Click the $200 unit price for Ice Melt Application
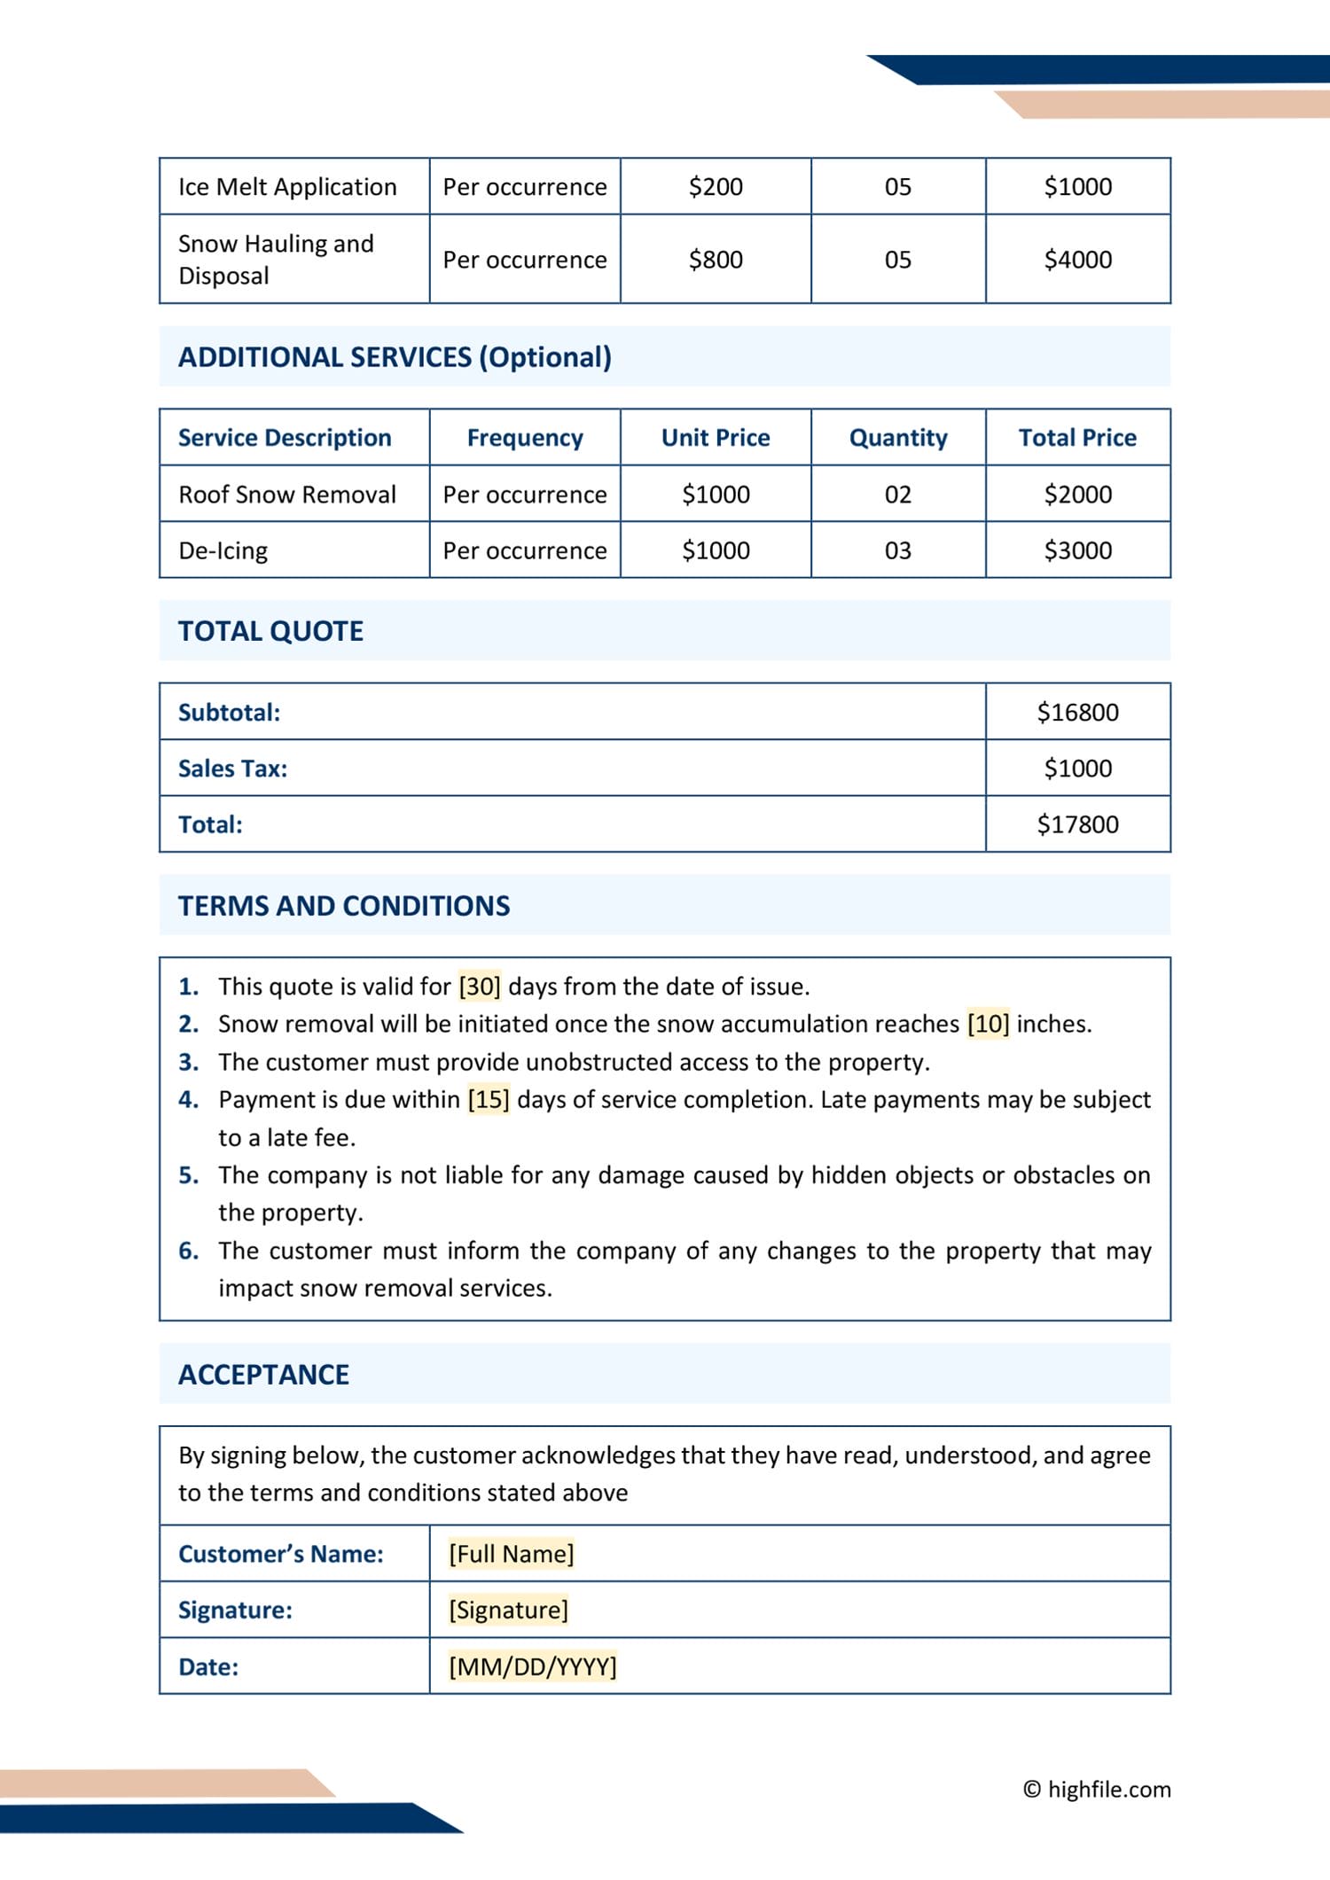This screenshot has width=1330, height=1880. click(x=716, y=187)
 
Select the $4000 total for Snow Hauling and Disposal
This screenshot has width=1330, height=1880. click(x=1077, y=260)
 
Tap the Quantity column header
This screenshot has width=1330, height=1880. click(x=897, y=438)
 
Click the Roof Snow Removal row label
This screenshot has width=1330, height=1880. click(x=287, y=495)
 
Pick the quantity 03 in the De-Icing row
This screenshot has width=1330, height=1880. click(x=897, y=550)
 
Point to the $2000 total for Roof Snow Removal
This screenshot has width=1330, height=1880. click(x=1077, y=495)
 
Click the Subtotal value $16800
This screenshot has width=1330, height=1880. click(x=1077, y=713)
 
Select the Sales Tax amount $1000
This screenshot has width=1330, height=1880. click(x=1077, y=768)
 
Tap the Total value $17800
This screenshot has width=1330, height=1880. click(x=1077, y=824)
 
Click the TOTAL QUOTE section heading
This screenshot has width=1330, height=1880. click(x=270, y=631)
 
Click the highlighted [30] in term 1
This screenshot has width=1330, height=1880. click(x=480, y=987)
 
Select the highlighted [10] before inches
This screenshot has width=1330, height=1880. click(x=988, y=1024)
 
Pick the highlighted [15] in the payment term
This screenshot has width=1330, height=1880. click(x=489, y=1099)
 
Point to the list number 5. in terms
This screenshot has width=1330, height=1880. click(x=188, y=1175)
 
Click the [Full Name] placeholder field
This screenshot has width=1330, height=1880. click(x=511, y=1554)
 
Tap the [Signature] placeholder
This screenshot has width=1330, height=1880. click(x=508, y=1610)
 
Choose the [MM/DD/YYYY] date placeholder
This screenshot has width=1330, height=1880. click(x=532, y=1666)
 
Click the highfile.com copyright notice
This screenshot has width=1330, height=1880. click(x=1097, y=1789)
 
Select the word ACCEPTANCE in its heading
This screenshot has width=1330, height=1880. click(x=263, y=1375)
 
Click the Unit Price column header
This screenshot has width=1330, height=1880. click(x=716, y=438)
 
